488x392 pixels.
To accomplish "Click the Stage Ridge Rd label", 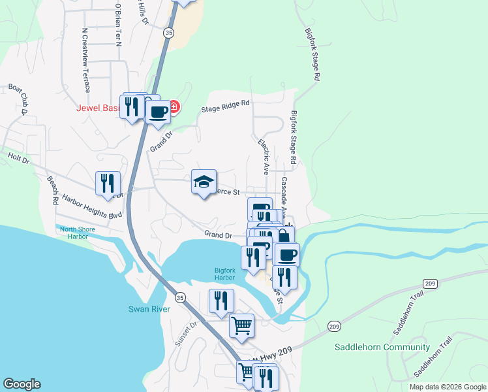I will [x=226, y=106].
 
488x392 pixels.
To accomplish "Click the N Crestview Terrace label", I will [x=85, y=61].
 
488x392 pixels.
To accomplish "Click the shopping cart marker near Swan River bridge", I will [x=242, y=325].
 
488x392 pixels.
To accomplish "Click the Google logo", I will [x=22, y=384].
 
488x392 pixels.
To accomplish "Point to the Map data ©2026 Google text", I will [x=447, y=387].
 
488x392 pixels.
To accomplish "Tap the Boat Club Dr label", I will [x=16, y=99].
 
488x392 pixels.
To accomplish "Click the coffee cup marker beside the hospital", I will [x=157, y=112].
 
